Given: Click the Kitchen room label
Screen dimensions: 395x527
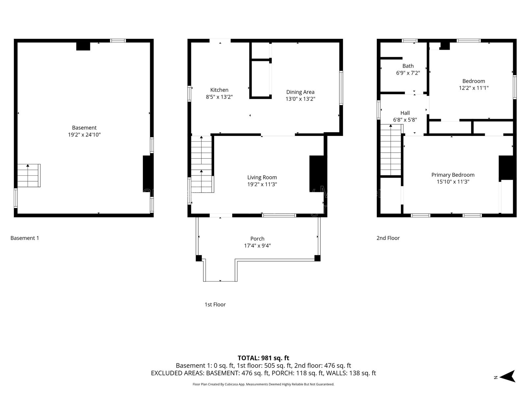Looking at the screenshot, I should coord(219,90).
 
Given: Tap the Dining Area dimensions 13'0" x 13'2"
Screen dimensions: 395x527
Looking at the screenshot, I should coord(300,99).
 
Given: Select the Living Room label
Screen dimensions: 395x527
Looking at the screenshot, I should coord(262,177).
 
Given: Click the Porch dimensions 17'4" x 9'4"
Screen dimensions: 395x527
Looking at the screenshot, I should coord(257,246).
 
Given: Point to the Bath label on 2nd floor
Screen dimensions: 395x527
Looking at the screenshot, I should coord(408,66).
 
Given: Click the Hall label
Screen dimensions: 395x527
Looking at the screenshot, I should coord(405,113).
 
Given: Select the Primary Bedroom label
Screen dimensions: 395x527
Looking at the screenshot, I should coord(453,175).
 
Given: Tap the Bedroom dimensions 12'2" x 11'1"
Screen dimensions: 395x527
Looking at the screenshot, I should coord(473,88).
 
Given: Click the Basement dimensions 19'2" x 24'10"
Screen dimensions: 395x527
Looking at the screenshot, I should coord(84,135).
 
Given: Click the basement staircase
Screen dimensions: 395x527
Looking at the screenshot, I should coord(29,175).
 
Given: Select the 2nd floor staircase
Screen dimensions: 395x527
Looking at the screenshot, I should coord(391,150).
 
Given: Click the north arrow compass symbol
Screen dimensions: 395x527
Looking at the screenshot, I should coord(508,376).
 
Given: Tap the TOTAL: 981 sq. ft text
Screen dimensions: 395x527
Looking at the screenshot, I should coord(263,358).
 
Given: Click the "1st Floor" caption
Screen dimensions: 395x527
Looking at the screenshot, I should coord(215,304).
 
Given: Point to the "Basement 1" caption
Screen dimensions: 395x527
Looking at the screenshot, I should coord(25,238).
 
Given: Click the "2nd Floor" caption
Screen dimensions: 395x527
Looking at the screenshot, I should coord(388,238).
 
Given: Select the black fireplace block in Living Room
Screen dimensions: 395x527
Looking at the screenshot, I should coord(317,173).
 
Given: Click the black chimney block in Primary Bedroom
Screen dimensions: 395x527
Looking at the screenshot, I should coord(506,168).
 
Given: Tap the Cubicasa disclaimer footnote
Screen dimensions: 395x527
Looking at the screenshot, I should coord(263,384).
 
